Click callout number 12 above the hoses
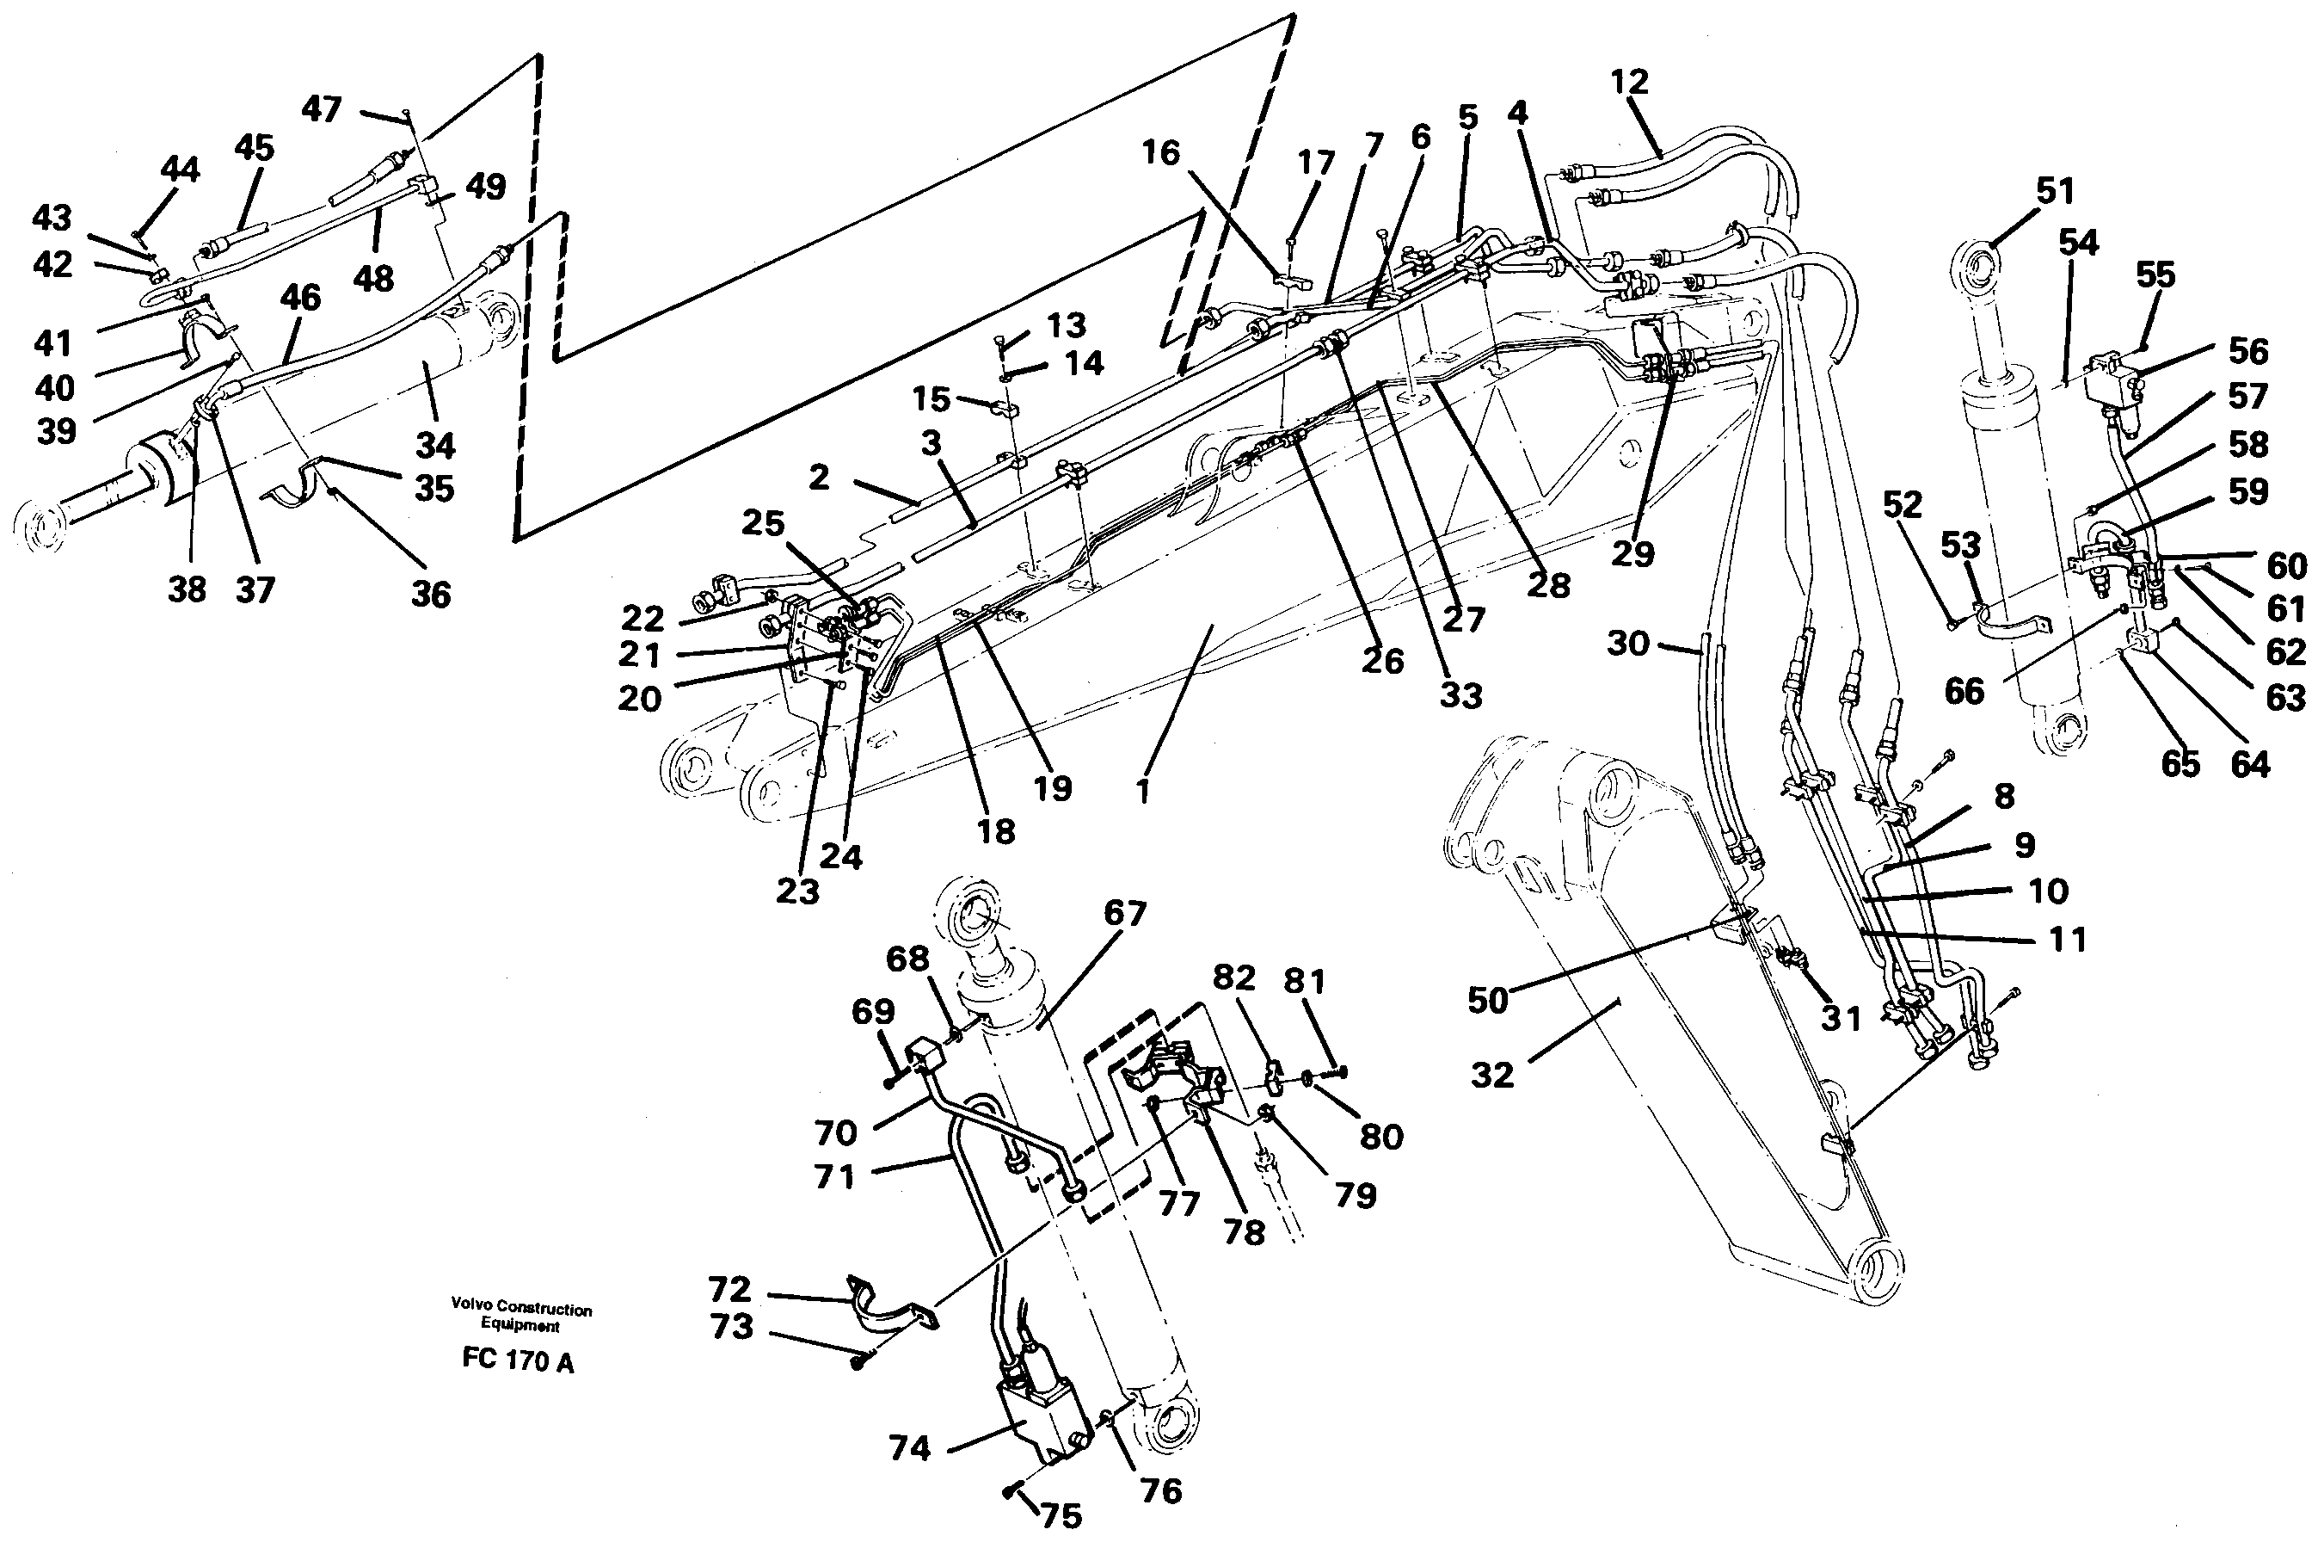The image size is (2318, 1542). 1629,83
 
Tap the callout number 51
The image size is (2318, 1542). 2055,191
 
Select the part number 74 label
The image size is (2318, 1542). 908,1448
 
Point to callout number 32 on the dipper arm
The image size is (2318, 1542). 1491,1075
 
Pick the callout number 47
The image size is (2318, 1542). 322,109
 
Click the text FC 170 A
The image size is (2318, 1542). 518,1362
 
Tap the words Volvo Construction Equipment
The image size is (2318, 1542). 521,1317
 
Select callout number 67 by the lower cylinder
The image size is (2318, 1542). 1124,914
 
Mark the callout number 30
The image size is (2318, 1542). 1628,645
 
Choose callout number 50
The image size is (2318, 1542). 1487,1000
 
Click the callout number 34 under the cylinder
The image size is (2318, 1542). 434,446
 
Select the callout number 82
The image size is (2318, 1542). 1233,978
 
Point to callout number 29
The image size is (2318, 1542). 1632,553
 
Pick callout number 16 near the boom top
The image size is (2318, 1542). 1161,153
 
